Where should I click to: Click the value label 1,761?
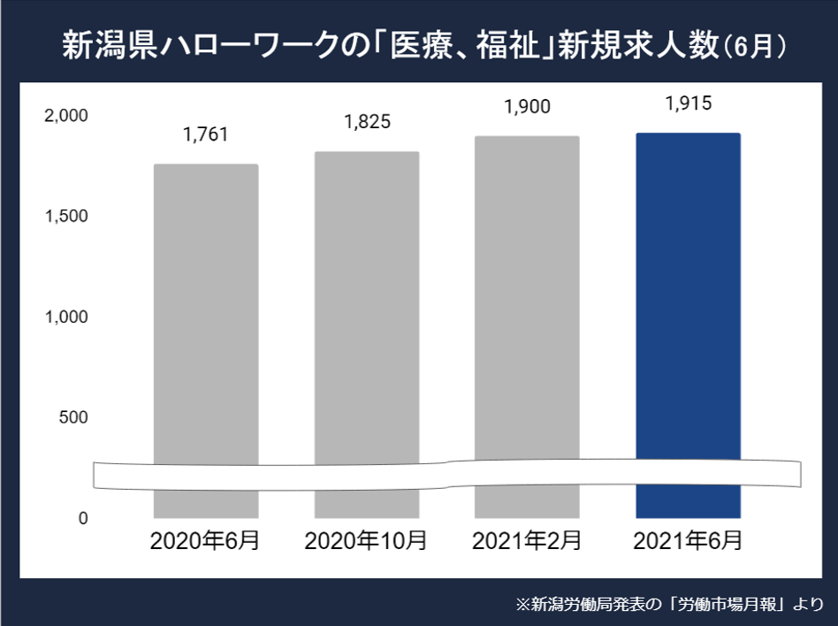(x=206, y=135)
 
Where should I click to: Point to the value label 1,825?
(x=367, y=122)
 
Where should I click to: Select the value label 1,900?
(x=527, y=106)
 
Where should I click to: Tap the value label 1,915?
(x=688, y=103)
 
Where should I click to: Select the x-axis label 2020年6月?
(x=205, y=540)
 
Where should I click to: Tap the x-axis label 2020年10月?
(x=366, y=540)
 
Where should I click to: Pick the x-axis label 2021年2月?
(x=527, y=540)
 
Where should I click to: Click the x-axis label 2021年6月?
(x=688, y=540)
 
